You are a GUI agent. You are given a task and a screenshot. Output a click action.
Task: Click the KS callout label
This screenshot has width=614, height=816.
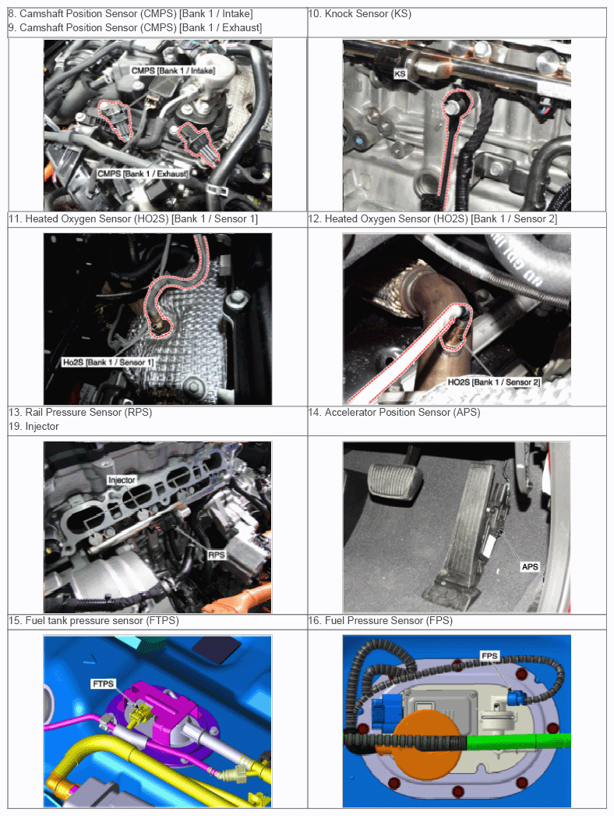pyautogui.click(x=399, y=74)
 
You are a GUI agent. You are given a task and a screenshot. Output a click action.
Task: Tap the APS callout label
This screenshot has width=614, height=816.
pyautogui.click(x=530, y=566)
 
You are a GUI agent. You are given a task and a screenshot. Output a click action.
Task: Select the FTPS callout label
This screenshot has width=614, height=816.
pyautogui.click(x=102, y=683)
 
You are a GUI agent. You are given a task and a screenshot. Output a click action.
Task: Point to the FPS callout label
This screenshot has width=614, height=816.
pyautogui.click(x=489, y=656)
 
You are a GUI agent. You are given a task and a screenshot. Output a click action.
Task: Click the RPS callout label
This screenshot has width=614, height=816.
pyautogui.click(x=217, y=555)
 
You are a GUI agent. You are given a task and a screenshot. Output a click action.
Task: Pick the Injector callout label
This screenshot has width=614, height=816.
pyautogui.click(x=122, y=480)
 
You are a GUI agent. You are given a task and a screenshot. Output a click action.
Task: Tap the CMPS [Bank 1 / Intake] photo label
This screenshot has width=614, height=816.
pyautogui.click(x=173, y=70)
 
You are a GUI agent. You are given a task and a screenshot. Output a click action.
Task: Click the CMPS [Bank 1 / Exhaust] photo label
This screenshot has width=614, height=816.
pyautogui.click(x=143, y=173)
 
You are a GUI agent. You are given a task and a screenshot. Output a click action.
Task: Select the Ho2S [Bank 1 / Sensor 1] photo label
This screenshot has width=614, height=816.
pyautogui.click(x=108, y=362)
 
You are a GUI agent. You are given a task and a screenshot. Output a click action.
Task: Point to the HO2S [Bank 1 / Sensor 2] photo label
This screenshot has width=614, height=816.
pyautogui.click(x=494, y=382)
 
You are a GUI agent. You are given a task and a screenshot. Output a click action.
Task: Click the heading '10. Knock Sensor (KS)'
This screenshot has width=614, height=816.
pyautogui.click(x=360, y=13)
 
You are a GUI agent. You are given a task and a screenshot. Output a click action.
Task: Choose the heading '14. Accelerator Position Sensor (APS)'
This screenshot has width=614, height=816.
pyautogui.click(x=394, y=412)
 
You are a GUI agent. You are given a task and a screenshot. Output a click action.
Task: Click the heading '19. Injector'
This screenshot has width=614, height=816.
pyautogui.click(x=34, y=426)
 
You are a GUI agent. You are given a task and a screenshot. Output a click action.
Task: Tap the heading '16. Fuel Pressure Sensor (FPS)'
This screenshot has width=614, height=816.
pyautogui.click(x=380, y=620)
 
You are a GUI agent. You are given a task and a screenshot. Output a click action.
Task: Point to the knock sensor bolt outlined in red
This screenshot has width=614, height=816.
pyautogui.click(x=452, y=107)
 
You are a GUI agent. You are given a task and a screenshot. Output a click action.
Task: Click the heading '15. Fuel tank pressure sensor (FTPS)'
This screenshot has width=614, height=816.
pyautogui.click(x=94, y=620)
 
